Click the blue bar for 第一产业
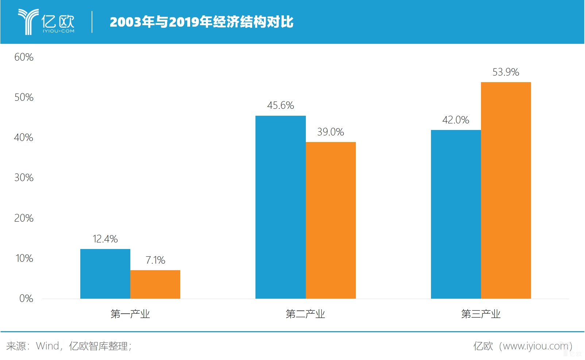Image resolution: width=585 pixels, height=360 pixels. [105, 274]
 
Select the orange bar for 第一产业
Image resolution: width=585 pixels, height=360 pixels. [155, 284]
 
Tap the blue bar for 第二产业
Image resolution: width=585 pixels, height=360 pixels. [280, 207]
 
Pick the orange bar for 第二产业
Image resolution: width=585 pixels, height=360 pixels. [331, 220]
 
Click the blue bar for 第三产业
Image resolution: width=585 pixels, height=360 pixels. [456, 214]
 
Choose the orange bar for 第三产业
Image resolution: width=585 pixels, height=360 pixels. [506, 190]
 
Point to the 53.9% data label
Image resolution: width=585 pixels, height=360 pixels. [506, 72]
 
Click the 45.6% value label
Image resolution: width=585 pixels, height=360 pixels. [280, 106]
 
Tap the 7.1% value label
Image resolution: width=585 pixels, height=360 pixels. [155, 260]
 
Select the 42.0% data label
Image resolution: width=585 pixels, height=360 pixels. [456, 120]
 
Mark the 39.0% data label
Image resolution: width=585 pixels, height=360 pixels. [331, 132]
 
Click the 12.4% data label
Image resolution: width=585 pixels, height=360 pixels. [105, 239]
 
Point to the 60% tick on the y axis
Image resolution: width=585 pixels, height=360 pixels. [24, 57]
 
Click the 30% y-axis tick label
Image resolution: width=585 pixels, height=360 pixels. [24, 178]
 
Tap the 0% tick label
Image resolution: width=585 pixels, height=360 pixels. [26, 299]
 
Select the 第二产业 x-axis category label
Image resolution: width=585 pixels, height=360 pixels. [305, 314]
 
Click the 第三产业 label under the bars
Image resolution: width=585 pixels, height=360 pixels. [481, 314]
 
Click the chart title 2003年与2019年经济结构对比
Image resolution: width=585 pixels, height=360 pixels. [201, 22]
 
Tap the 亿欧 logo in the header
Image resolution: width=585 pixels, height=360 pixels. [46, 22]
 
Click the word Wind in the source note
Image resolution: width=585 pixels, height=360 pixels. [47, 346]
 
